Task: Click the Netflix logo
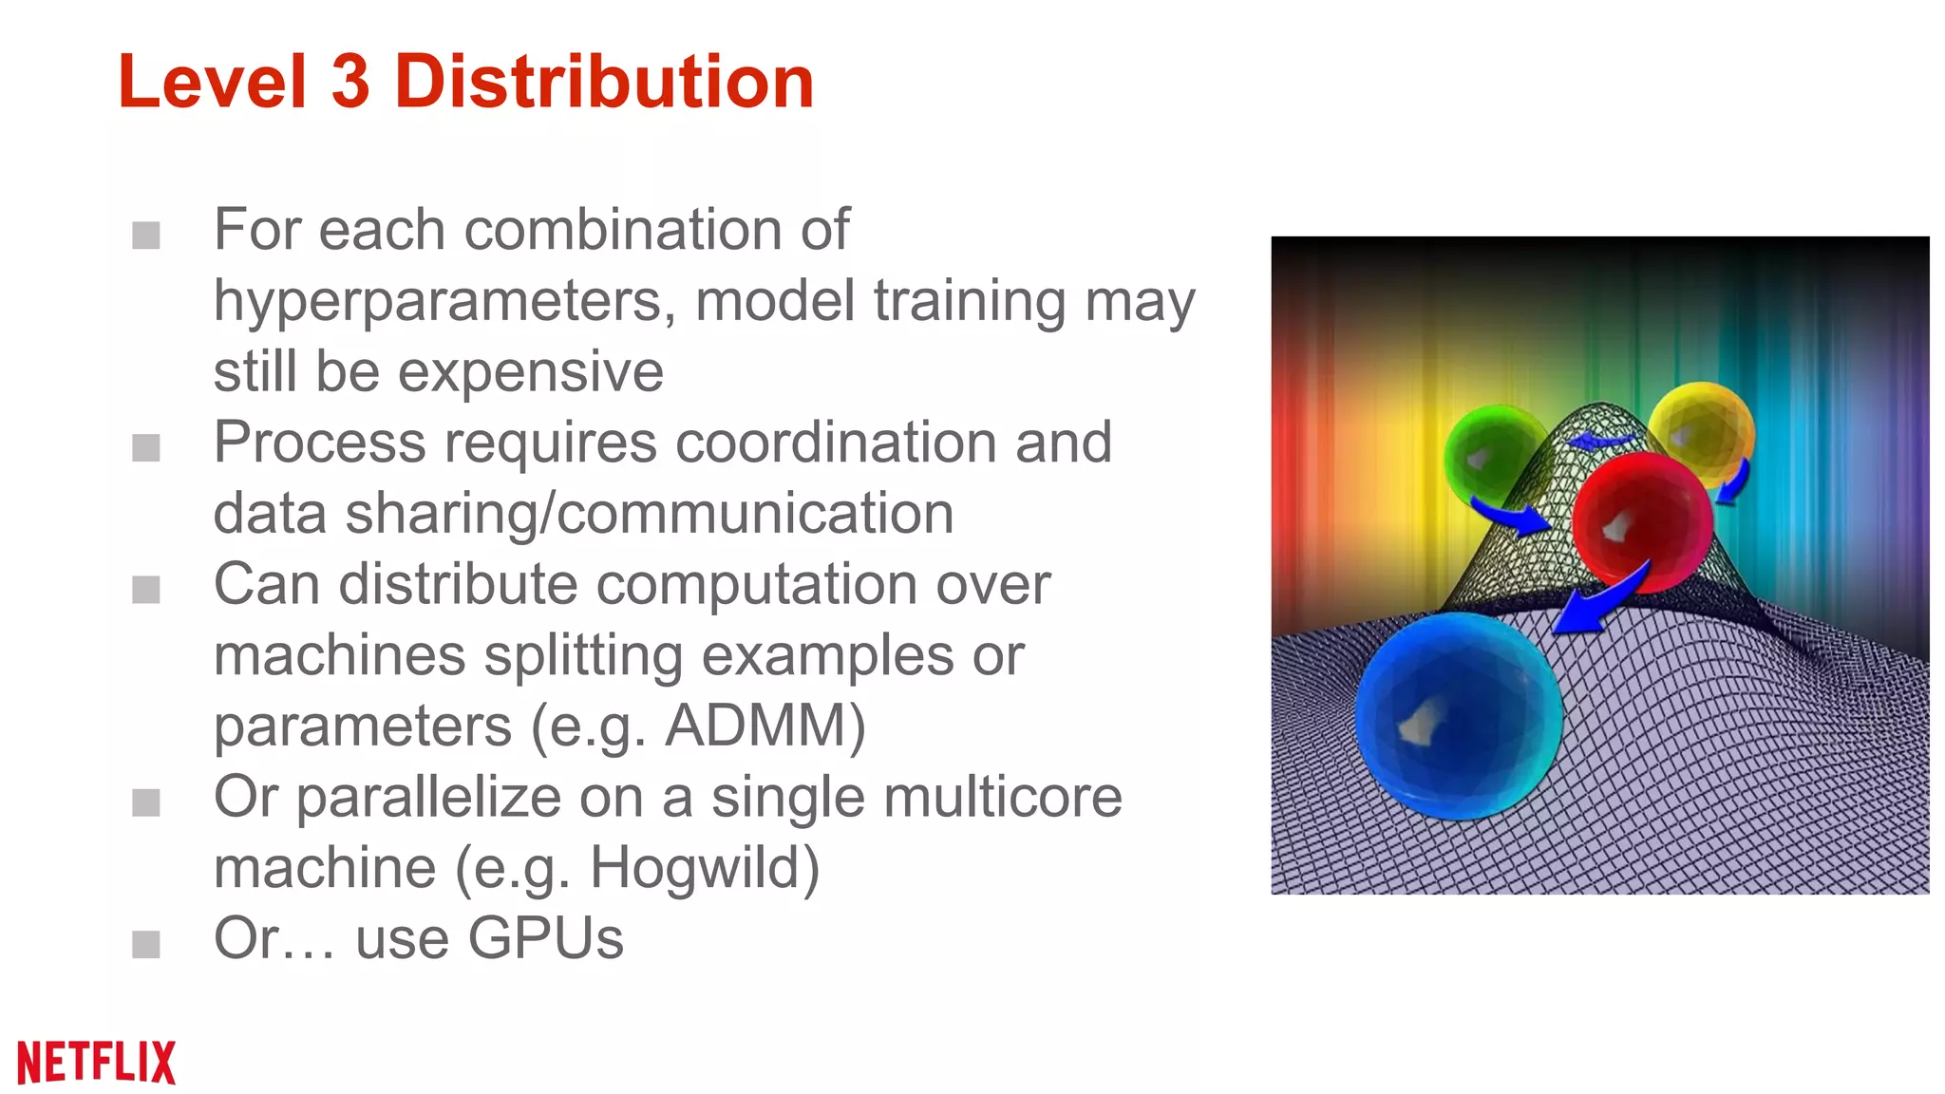(x=97, y=1062)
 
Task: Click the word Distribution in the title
(x=604, y=82)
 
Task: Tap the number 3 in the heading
(x=350, y=82)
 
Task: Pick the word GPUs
(x=545, y=939)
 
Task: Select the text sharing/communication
(x=650, y=514)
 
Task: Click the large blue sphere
(x=1457, y=715)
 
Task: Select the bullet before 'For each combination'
(x=146, y=235)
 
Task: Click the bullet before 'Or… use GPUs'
(x=146, y=944)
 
